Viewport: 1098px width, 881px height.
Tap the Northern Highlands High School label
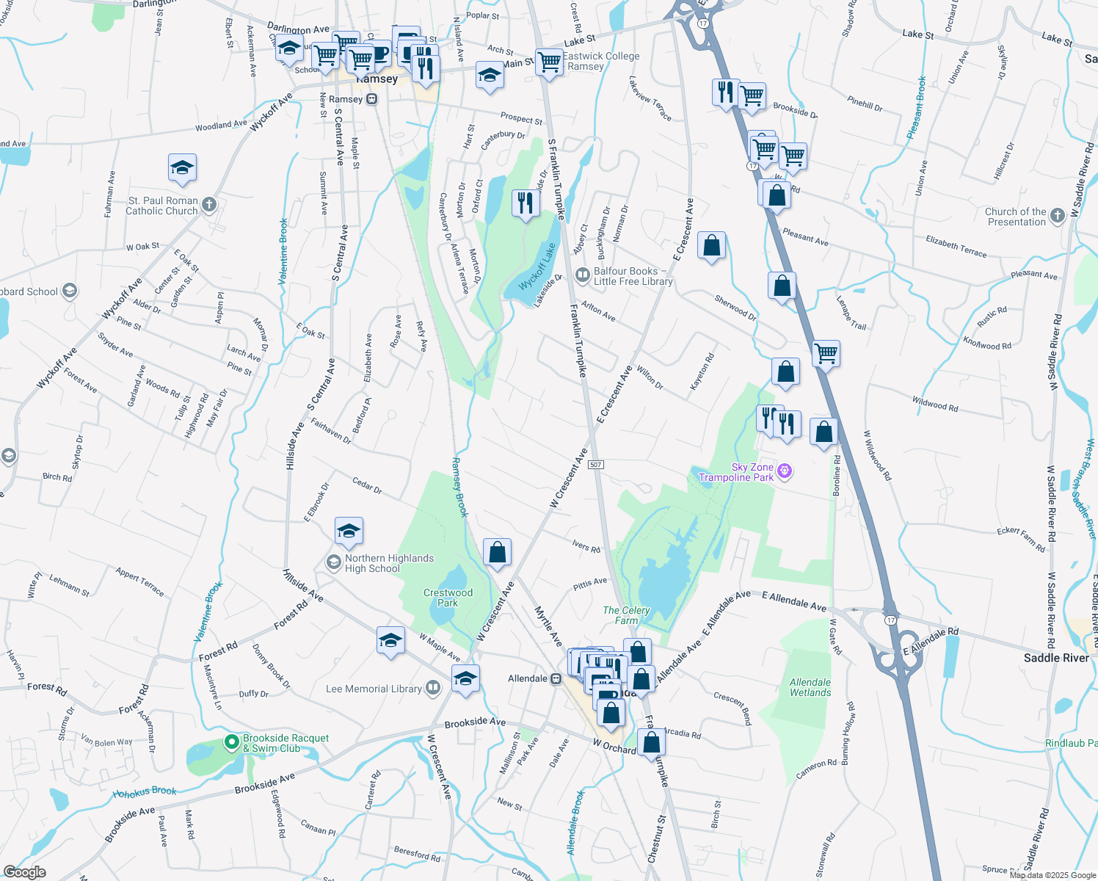(x=389, y=563)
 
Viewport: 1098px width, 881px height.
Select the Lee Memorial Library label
(x=374, y=689)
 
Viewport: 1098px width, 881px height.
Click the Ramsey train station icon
(x=372, y=99)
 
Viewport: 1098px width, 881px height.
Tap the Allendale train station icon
(x=556, y=678)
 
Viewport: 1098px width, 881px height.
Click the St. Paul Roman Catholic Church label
(x=162, y=206)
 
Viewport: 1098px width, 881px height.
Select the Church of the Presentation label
(x=1016, y=217)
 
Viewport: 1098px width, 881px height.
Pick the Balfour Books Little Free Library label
(x=633, y=276)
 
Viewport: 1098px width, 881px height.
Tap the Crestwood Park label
(x=448, y=598)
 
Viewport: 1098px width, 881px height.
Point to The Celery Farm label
(x=626, y=615)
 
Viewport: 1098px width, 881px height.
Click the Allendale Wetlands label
(x=810, y=687)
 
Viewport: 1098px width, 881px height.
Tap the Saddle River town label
(x=1056, y=658)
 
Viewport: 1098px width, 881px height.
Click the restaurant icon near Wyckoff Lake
(x=526, y=202)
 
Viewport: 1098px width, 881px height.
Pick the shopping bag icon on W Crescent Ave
(x=497, y=552)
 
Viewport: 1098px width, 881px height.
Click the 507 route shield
(x=596, y=465)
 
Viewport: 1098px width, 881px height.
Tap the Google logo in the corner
(x=24, y=872)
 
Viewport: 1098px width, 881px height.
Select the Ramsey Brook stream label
(x=459, y=487)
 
